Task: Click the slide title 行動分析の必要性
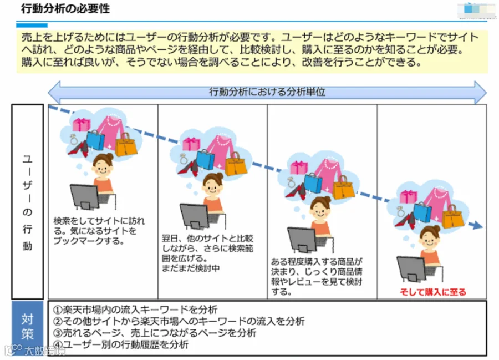(65, 9)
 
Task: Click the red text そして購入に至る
(433, 292)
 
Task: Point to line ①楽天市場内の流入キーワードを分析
(136, 309)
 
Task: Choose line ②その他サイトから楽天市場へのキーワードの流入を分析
(179, 321)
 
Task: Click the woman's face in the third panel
(320, 209)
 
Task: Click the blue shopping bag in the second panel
(205, 159)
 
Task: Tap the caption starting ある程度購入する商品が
(317, 276)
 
